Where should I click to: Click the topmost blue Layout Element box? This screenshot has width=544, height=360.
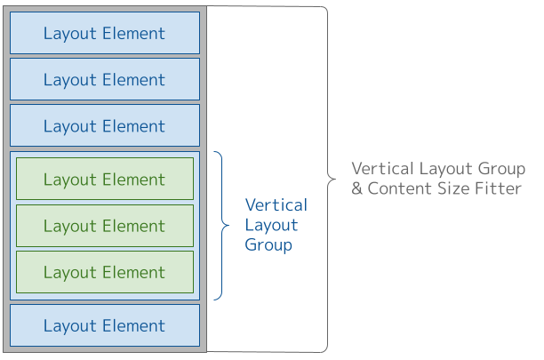pos(105,34)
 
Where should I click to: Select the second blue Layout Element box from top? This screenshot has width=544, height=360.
pos(105,80)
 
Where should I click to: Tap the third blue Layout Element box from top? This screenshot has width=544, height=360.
pos(105,126)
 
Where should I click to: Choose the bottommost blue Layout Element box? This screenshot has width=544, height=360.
pos(105,326)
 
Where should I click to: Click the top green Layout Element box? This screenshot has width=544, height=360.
pos(105,180)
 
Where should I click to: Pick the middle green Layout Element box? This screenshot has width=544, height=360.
pos(105,226)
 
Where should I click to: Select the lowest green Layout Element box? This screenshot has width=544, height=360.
pos(105,272)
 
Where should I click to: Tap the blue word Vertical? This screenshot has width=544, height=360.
pos(276,205)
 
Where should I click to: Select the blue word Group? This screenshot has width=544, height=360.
pos(268,244)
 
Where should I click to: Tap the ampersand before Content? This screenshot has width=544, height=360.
pos(357,188)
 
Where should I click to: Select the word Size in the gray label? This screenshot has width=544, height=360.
pos(456,188)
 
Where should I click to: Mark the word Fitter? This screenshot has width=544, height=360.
pos(500,188)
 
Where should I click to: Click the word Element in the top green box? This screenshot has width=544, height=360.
pos(133,180)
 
